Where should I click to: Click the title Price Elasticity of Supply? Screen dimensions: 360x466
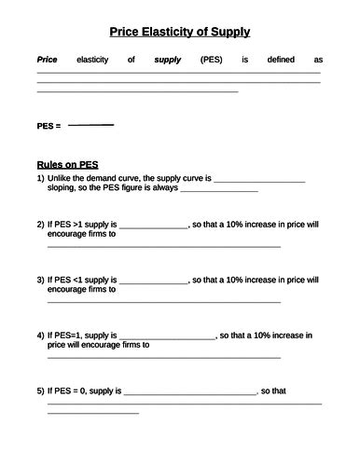(x=179, y=33)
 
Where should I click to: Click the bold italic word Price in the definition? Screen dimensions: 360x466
(x=47, y=60)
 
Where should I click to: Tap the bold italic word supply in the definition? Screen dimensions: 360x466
(x=167, y=60)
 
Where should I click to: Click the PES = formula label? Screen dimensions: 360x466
(x=48, y=125)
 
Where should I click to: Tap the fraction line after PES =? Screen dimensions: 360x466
(x=90, y=124)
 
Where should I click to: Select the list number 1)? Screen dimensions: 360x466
(x=40, y=177)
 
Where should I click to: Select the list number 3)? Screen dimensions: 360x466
(x=40, y=279)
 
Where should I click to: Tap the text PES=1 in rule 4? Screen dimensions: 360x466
(x=69, y=334)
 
